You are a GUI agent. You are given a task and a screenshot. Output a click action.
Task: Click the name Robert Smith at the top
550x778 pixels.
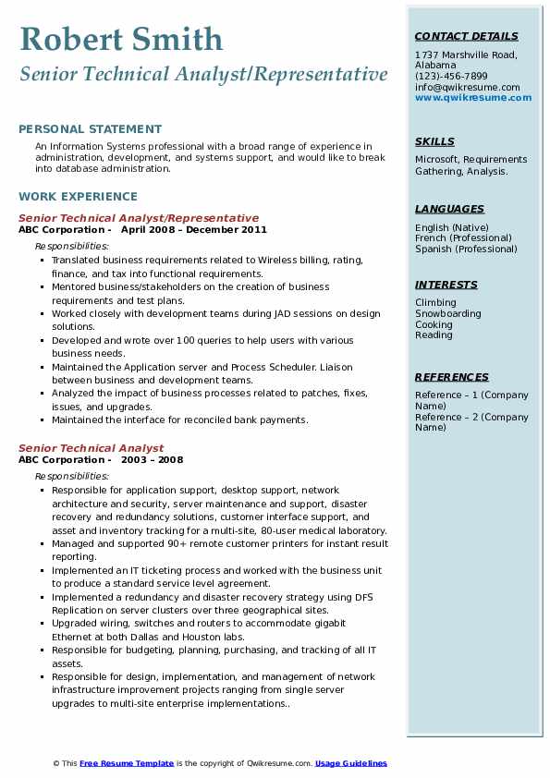[x=121, y=39]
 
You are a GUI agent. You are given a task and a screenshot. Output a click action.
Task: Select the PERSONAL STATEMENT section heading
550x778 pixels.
[x=90, y=129]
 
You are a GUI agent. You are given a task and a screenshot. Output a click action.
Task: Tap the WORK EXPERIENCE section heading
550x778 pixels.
[x=78, y=197]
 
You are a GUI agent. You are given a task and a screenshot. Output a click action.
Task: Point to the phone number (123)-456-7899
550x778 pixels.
[x=451, y=77]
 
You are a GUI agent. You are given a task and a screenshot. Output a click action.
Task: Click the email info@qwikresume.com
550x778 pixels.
[x=467, y=87]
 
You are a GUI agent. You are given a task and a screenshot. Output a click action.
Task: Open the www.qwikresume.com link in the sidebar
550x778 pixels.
[x=473, y=97]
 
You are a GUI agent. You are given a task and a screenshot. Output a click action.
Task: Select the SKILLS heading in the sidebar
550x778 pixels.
[x=434, y=141]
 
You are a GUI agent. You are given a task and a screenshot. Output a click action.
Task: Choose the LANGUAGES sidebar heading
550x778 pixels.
[x=449, y=210]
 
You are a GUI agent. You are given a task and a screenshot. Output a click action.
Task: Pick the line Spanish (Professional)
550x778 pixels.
[x=466, y=249]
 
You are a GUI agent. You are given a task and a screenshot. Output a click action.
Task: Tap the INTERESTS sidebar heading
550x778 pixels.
[x=446, y=285]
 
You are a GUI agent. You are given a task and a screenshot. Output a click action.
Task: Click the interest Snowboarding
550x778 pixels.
[x=448, y=314]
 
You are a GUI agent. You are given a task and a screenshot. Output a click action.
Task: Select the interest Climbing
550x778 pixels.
[x=435, y=303]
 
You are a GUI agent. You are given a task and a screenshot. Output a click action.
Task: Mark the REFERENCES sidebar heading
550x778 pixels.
[x=452, y=377]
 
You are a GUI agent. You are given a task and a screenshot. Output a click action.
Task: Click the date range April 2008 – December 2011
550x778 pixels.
[x=194, y=230]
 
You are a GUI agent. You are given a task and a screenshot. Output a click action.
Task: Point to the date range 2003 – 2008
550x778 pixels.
[x=152, y=460]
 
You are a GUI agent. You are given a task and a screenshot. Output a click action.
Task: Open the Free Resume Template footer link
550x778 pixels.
[x=127, y=763]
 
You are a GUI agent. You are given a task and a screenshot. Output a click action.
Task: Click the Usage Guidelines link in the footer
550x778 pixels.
[x=351, y=763]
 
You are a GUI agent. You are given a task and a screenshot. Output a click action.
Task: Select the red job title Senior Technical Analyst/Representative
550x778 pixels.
[x=139, y=219]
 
